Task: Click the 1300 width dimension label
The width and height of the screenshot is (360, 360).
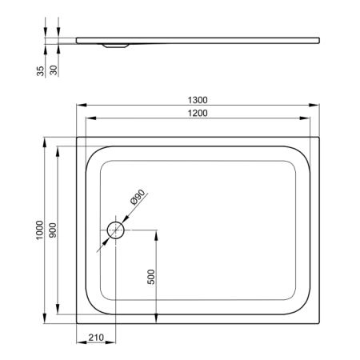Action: pos(198,100)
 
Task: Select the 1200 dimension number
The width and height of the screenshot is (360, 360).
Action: pos(198,113)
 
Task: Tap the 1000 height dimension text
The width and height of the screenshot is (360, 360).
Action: pos(39,230)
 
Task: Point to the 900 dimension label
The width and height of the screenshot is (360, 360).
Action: pos(53,230)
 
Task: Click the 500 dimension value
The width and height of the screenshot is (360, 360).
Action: pos(151,277)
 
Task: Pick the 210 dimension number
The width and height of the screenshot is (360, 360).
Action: pos(96,338)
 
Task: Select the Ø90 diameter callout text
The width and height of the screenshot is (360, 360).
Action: pos(138,197)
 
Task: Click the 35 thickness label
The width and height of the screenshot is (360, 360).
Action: pos(40,71)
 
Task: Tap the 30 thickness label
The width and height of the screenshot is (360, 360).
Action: pos(54,70)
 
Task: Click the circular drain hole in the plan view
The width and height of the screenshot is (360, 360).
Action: pos(116,230)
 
